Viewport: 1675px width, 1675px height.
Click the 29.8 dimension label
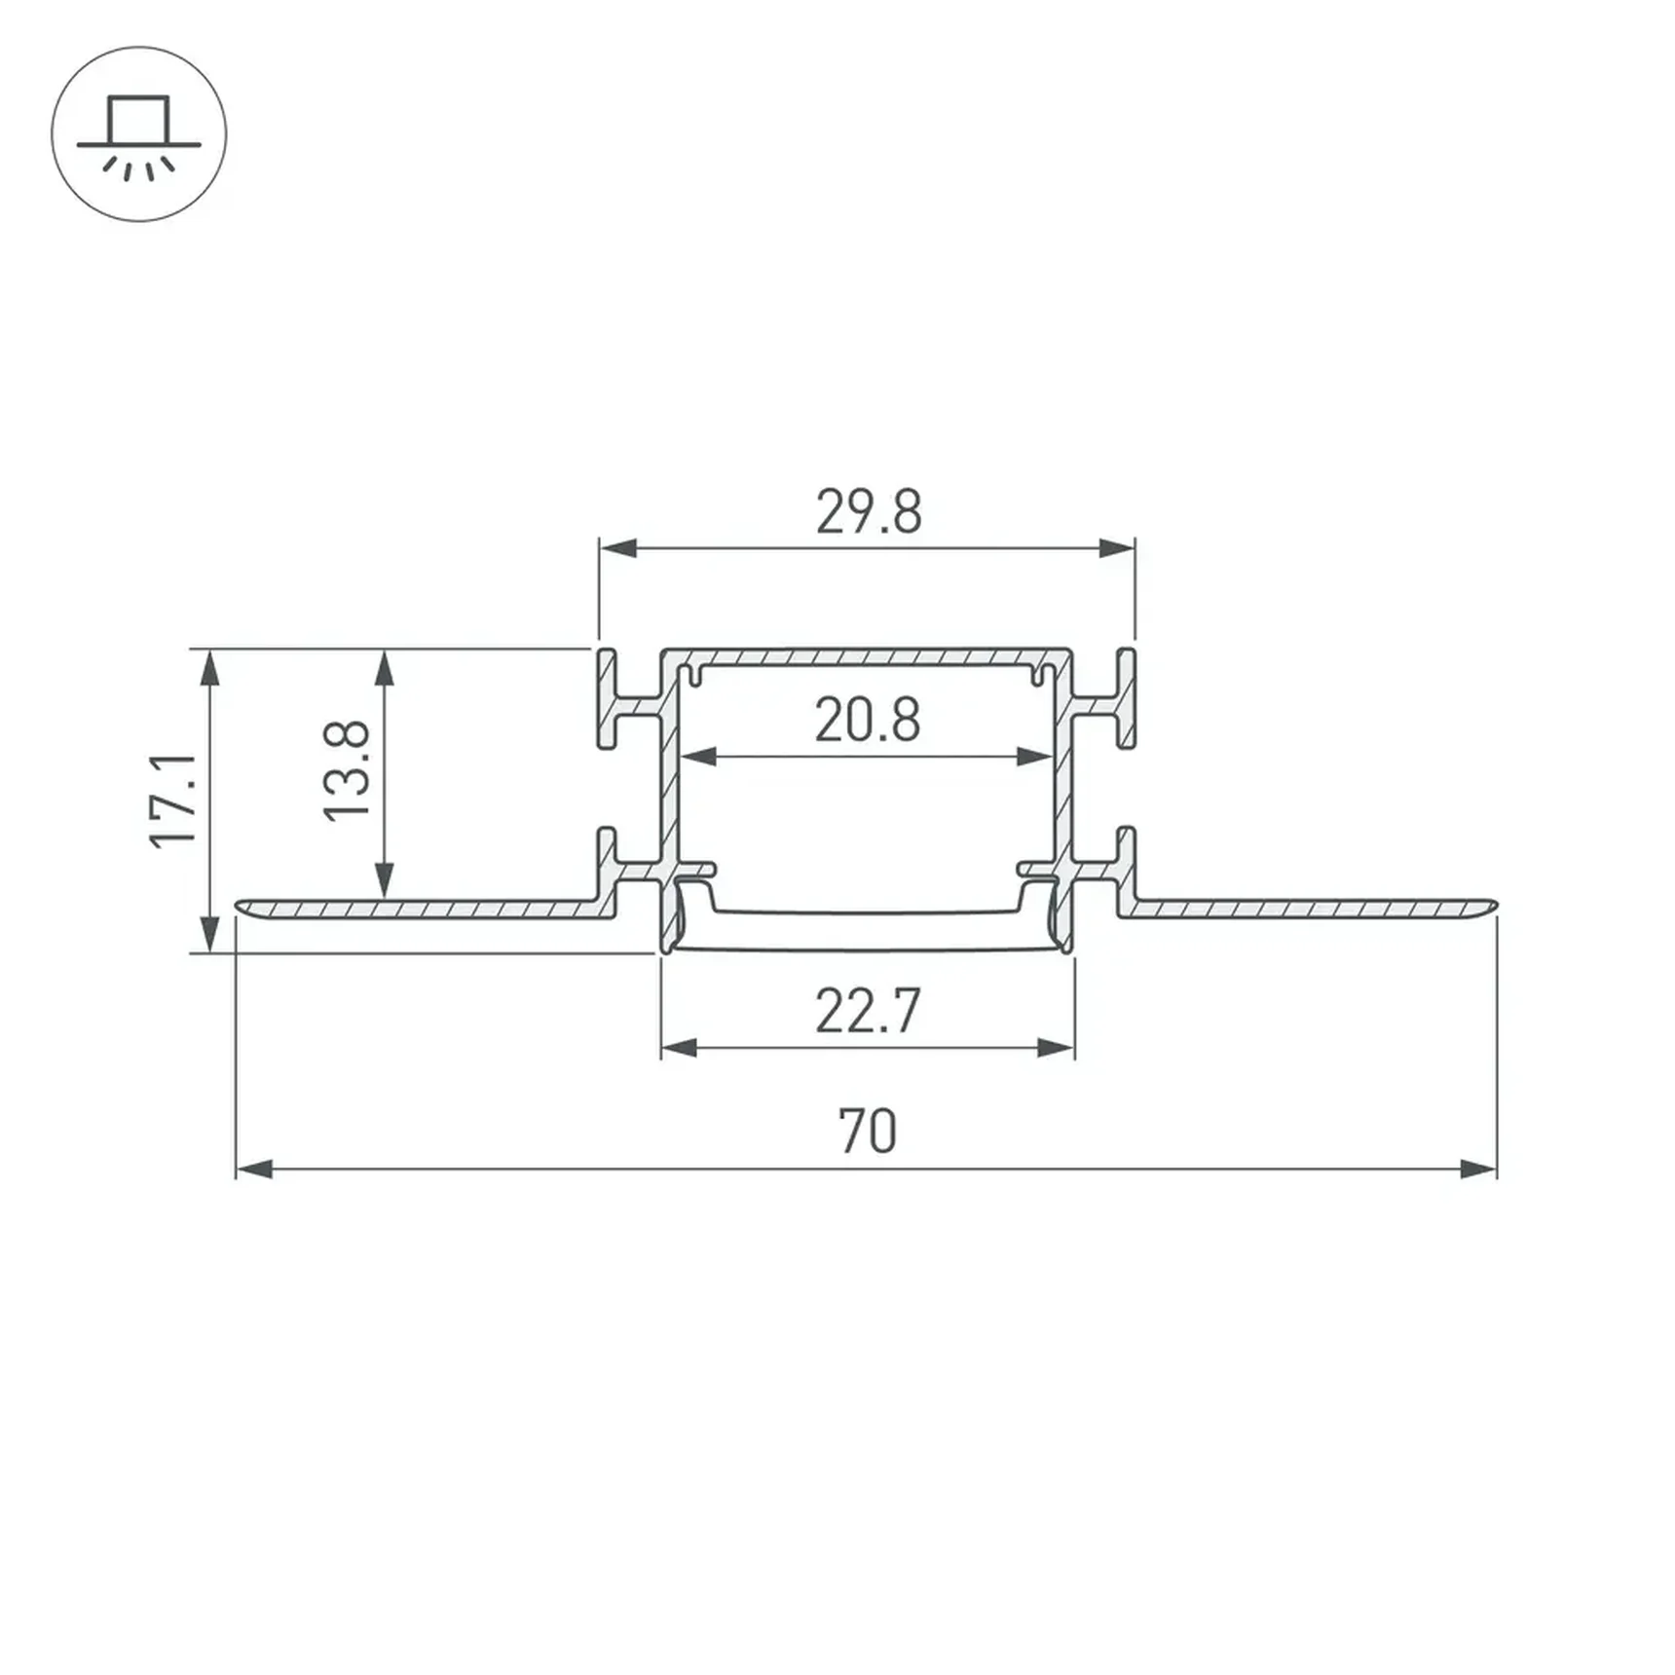[868, 512]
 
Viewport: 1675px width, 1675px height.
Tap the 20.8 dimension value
[867, 721]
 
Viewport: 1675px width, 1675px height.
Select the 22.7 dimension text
[867, 1011]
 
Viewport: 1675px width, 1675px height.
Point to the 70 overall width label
[867, 1132]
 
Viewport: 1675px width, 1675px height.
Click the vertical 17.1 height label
[174, 800]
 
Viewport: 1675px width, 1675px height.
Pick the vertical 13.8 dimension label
[348, 770]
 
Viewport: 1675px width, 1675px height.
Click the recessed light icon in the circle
[139, 134]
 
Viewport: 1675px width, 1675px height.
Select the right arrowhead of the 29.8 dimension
[1117, 548]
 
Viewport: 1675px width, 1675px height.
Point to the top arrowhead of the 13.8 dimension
[385, 668]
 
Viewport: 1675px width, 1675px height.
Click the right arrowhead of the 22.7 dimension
[1057, 1048]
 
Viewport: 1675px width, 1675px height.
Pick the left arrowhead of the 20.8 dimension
[697, 757]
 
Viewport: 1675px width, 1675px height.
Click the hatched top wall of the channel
[867, 656]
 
